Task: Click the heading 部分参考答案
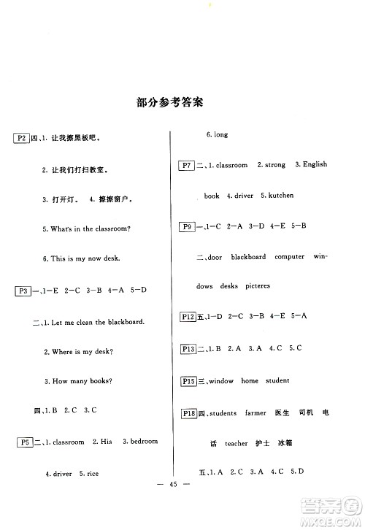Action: point(169,103)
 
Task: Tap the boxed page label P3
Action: point(23,291)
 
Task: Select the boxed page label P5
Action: point(23,442)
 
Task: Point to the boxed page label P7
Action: point(186,165)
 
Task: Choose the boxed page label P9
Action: point(186,226)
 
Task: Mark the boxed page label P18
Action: point(189,413)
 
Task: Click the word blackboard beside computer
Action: point(249,257)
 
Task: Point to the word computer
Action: point(290,257)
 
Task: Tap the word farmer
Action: point(257,413)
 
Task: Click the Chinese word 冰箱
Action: point(285,443)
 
